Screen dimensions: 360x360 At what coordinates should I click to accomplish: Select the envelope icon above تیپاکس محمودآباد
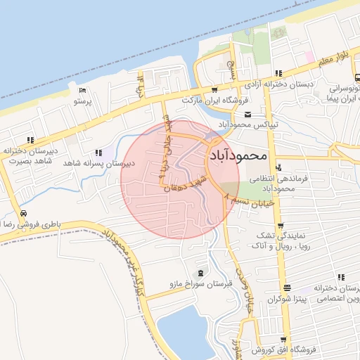pyautogui.click(x=247, y=114)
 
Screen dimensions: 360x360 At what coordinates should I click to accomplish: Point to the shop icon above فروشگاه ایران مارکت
pyautogui.click(x=214, y=90)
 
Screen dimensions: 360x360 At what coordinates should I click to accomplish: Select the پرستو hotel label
pyautogui.click(x=83, y=101)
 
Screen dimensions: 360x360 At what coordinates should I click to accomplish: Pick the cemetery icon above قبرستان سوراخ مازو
pyautogui.click(x=202, y=274)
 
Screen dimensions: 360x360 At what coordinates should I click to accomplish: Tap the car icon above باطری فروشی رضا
pyautogui.click(x=24, y=213)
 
